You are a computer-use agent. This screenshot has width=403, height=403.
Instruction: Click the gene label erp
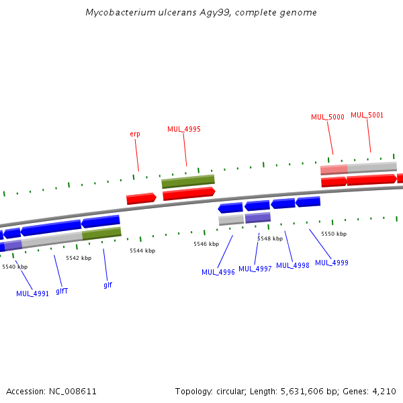(135, 134)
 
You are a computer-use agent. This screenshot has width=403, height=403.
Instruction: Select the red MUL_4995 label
(184, 129)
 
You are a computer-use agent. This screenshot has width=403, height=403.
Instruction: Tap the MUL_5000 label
(328, 117)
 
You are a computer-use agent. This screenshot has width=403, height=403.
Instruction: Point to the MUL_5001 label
(367, 115)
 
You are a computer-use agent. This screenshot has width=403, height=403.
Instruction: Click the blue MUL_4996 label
(218, 272)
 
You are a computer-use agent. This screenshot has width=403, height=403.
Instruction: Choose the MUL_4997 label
(255, 269)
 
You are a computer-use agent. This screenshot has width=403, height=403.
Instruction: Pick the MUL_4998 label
(293, 265)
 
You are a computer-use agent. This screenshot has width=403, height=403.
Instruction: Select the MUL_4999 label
(332, 263)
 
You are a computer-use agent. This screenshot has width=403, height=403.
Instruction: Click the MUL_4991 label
(33, 294)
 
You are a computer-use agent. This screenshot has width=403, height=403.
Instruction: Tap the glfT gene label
(62, 291)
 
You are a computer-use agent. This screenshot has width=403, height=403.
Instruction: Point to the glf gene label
(107, 285)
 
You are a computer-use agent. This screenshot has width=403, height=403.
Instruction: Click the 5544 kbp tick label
(142, 251)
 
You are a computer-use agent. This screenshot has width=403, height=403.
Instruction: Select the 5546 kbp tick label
(206, 244)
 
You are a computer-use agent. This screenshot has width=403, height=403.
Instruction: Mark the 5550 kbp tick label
(334, 234)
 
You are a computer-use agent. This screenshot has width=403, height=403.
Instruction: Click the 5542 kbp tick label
(79, 258)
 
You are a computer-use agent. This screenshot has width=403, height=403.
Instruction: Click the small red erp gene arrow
(141, 199)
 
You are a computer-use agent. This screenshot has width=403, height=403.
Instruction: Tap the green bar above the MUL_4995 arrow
(188, 181)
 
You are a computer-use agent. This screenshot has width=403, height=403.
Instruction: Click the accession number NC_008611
(70, 391)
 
